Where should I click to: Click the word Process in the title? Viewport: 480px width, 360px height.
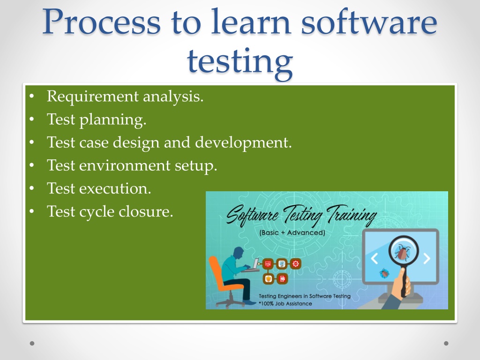101,22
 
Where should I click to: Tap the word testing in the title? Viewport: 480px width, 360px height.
240,62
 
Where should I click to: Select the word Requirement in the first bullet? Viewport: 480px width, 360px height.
92,97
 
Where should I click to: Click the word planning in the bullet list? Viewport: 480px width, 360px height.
112,120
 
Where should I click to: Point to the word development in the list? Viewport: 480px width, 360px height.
243,143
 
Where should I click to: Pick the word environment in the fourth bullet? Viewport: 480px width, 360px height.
125,165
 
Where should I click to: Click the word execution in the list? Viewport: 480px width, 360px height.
115,188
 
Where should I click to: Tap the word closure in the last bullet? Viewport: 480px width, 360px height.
146,211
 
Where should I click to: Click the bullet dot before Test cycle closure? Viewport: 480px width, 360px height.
32,211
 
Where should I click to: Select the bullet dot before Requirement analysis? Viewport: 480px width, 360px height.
32,97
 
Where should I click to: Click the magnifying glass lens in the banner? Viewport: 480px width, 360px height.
404,251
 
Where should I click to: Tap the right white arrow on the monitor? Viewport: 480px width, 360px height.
427,259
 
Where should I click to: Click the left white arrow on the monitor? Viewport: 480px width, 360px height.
375,259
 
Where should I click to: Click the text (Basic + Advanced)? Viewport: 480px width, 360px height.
292,232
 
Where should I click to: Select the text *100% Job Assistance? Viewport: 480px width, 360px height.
285,304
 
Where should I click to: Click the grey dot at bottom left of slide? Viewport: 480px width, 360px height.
32,344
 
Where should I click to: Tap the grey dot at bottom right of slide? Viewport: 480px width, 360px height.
446,344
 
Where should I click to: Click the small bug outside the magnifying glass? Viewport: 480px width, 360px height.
384,273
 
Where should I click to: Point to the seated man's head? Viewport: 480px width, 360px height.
239,253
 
